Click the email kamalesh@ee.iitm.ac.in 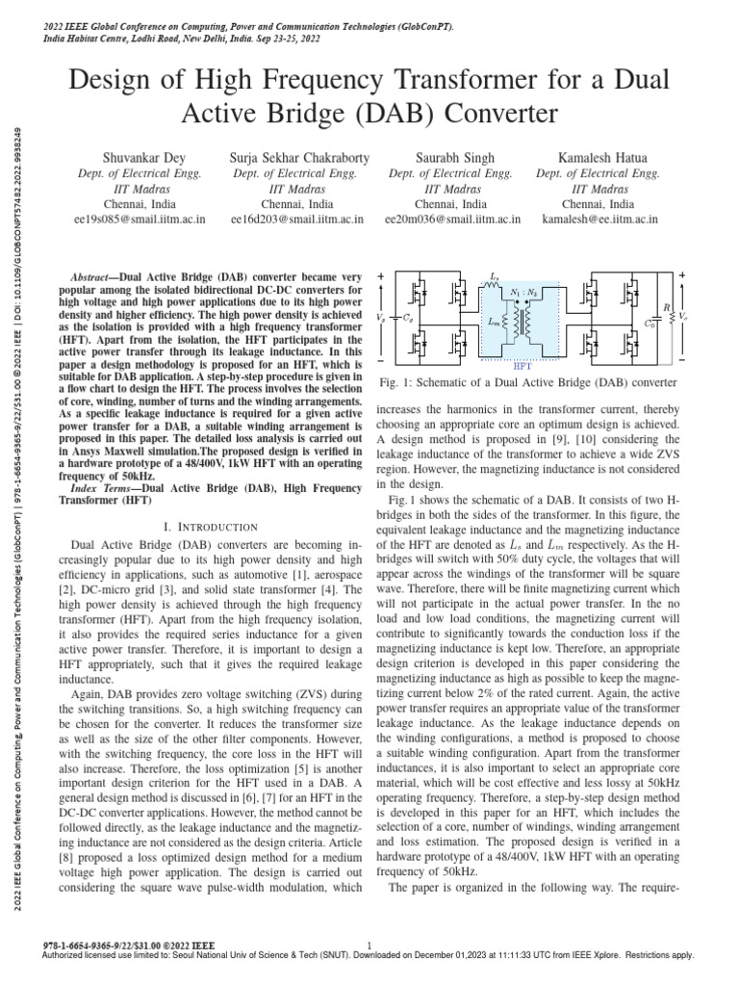click(x=598, y=220)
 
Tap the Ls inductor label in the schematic click(x=495, y=276)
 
